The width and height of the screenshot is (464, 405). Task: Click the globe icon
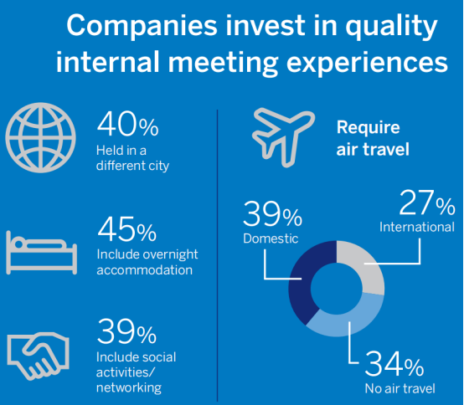[40, 137]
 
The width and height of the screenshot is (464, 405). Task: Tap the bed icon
[41, 253]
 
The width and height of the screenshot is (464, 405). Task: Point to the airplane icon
[282, 137]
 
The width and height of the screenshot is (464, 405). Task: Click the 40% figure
[127, 124]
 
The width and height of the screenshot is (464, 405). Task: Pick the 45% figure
[127, 229]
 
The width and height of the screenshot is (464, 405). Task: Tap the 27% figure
[427, 202]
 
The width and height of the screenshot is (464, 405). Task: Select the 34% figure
[394, 363]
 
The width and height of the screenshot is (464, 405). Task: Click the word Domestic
[271, 238]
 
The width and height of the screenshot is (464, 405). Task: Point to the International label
[417, 227]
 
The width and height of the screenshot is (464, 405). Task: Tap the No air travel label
[400, 389]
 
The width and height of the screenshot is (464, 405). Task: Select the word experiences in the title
[367, 63]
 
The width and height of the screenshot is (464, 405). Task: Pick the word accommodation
[144, 270]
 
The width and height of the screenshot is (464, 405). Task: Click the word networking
[129, 388]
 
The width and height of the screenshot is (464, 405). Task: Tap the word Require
[369, 128]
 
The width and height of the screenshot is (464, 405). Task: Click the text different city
[132, 166]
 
